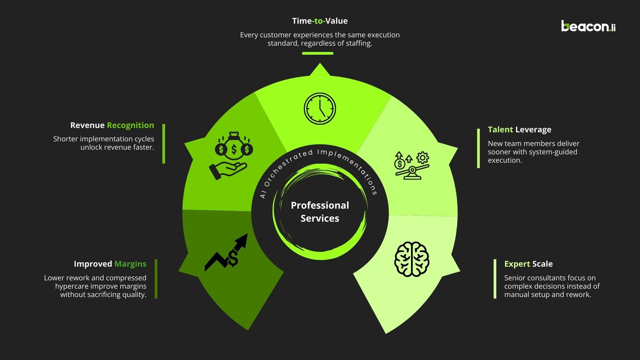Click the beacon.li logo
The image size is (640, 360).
[x=588, y=26]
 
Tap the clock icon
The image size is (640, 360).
[x=320, y=109]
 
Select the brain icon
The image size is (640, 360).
[x=412, y=259]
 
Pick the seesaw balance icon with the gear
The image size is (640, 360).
[x=412, y=166]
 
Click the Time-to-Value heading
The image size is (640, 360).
[x=320, y=21]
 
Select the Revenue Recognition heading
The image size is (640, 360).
[x=112, y=125]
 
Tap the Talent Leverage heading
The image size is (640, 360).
[x=519, y=130]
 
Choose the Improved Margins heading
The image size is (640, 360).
[x=110, y=264]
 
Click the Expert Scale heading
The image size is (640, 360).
[x=528, y=264]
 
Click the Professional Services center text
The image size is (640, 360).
[x=320, y=212]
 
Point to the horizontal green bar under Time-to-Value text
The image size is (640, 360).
[x=318, y=53]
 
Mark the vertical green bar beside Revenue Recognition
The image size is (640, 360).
[x=164, y=144]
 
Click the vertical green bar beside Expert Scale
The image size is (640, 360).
[x=495, y=279]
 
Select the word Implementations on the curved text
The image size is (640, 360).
[x=350, y=167]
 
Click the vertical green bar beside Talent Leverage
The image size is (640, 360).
[x=479, y=148]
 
